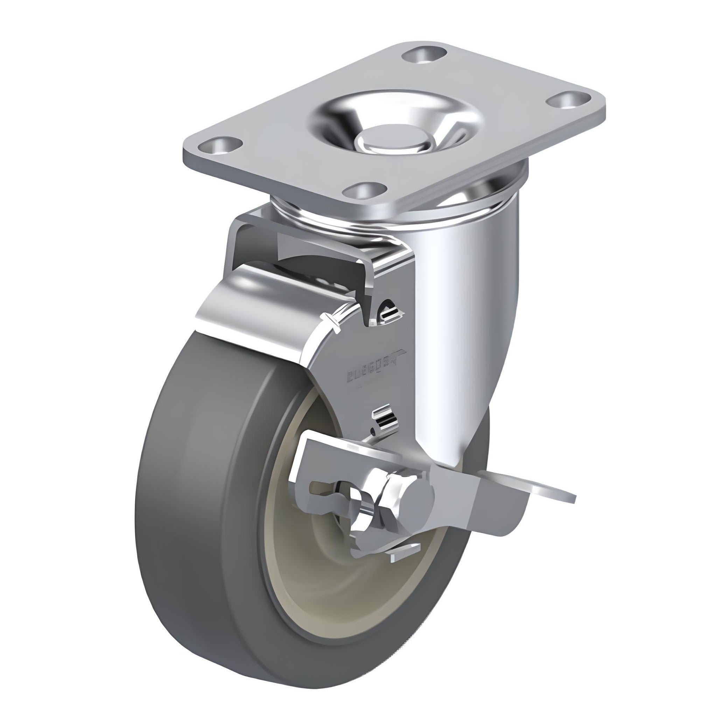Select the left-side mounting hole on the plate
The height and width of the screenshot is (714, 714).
(222, 145)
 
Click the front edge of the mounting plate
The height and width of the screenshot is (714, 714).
(277, 174)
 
